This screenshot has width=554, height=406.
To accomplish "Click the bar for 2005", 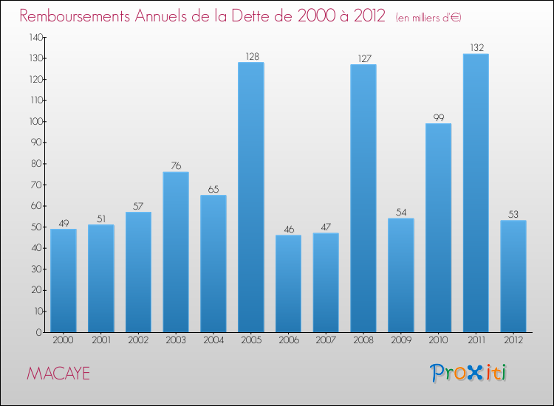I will click(251, 197).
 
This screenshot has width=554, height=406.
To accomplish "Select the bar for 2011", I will click(476, 193).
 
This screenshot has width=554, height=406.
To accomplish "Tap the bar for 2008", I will click(363, 198).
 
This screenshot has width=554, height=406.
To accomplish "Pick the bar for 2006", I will click(288, 283).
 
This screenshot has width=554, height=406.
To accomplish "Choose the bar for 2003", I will click(176, 252).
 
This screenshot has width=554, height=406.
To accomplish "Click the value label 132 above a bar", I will click(476, 48).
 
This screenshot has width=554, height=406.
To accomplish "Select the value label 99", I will click(438, 117).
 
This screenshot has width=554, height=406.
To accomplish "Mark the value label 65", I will click(213, 190).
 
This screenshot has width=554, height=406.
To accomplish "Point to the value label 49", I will click(64, 223).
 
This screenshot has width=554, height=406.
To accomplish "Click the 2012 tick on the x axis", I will click(513, 341).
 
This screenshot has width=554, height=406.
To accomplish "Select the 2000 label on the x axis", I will click(64, 341).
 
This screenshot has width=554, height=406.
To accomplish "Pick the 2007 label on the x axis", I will click(326, 341).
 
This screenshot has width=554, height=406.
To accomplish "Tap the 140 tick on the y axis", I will click(35, 37).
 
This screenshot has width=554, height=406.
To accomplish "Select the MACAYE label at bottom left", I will click(58, 374).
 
